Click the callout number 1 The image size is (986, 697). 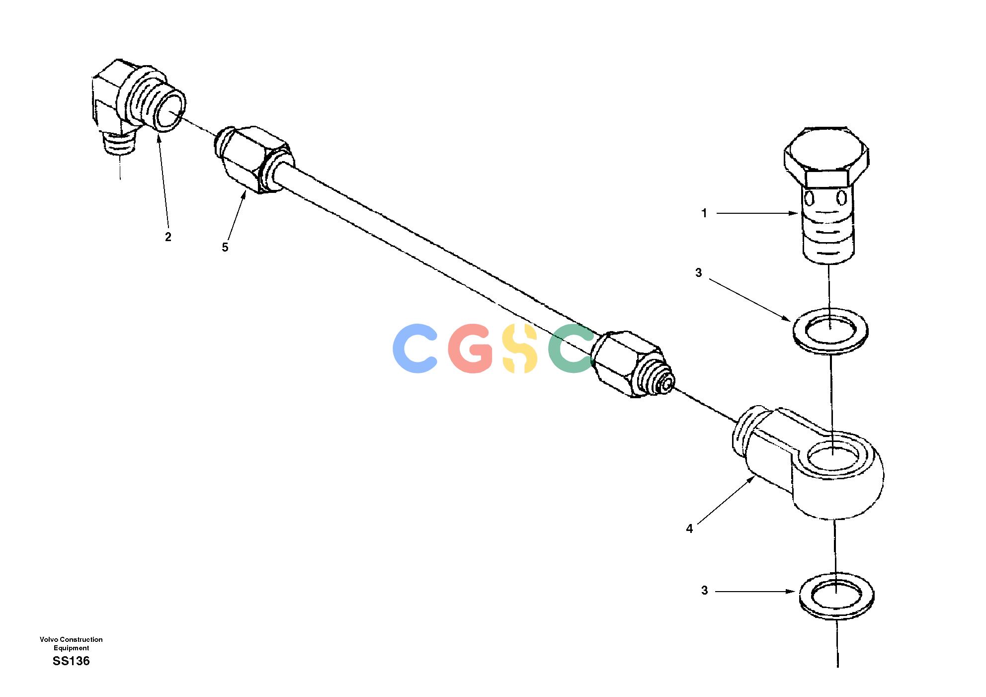coord(704,213)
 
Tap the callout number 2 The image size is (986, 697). coord(168,237)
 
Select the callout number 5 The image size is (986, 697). coord(225,248)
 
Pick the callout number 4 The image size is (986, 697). coord(689,529)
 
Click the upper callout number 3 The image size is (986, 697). coord(699,272)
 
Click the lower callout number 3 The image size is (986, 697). coord(704,591)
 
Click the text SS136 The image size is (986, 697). coord(71,661)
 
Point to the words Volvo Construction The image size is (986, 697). coord(71,639)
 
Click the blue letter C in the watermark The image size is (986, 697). coord(414,348)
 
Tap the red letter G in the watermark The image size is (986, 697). coord(471,348)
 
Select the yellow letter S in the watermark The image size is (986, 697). coord(520,348)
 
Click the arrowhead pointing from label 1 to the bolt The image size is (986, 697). coord(793,213)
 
